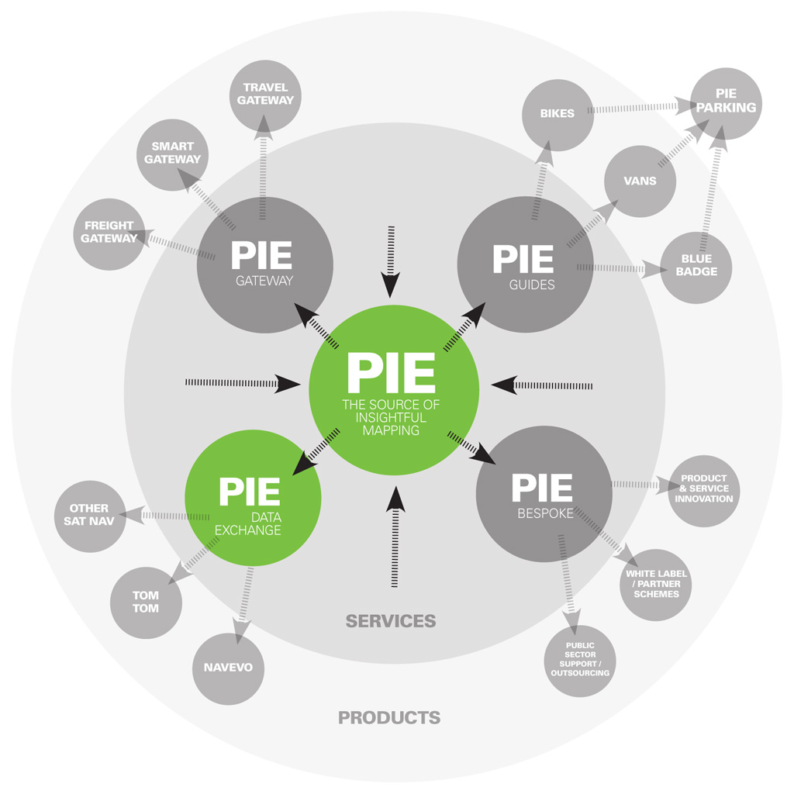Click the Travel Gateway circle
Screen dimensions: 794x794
coord(265,95)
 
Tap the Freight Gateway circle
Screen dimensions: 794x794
coord(109,233)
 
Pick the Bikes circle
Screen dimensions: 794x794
coord(558,114)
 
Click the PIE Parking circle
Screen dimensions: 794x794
coord(726,103)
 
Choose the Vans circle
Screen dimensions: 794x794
coord(640,181)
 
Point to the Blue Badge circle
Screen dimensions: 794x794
coord(696,266)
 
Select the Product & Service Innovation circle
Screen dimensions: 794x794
coord(703,489)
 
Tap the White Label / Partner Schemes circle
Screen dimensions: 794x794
coord(656,584)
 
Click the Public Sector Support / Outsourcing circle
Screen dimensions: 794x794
coord(580,661)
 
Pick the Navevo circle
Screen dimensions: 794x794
coord(228,668)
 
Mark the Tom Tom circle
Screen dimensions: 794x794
coord(145,602)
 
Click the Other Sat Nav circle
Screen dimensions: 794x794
coord(89,516)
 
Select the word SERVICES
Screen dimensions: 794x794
coord(391,621)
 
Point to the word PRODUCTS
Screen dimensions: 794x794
coord(389,718)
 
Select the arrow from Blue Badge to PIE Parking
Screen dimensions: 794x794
coord(713,186)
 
